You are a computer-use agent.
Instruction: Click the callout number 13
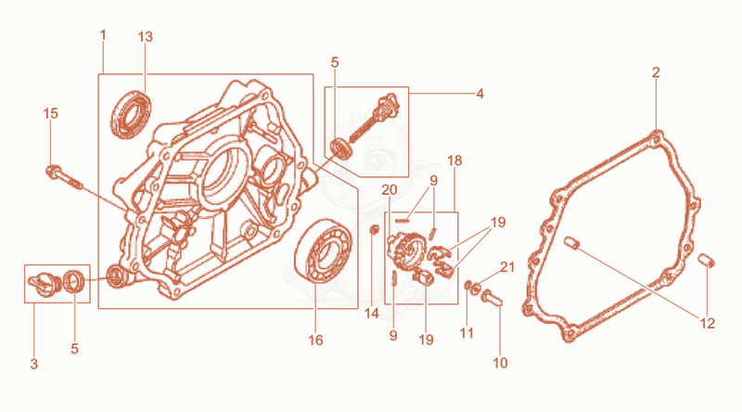point(146,37)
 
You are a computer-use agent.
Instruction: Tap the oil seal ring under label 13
point(131,114)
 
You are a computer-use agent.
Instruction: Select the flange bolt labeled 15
point(65,177)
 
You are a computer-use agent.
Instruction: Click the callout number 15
point(51,113)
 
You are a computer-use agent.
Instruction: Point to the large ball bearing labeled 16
point(323,251)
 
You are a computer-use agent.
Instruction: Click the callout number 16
point(315,340)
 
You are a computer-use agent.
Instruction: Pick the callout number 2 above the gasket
point(656,72)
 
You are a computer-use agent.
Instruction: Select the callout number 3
point(34,364)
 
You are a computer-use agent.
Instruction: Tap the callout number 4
point(480,94)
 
